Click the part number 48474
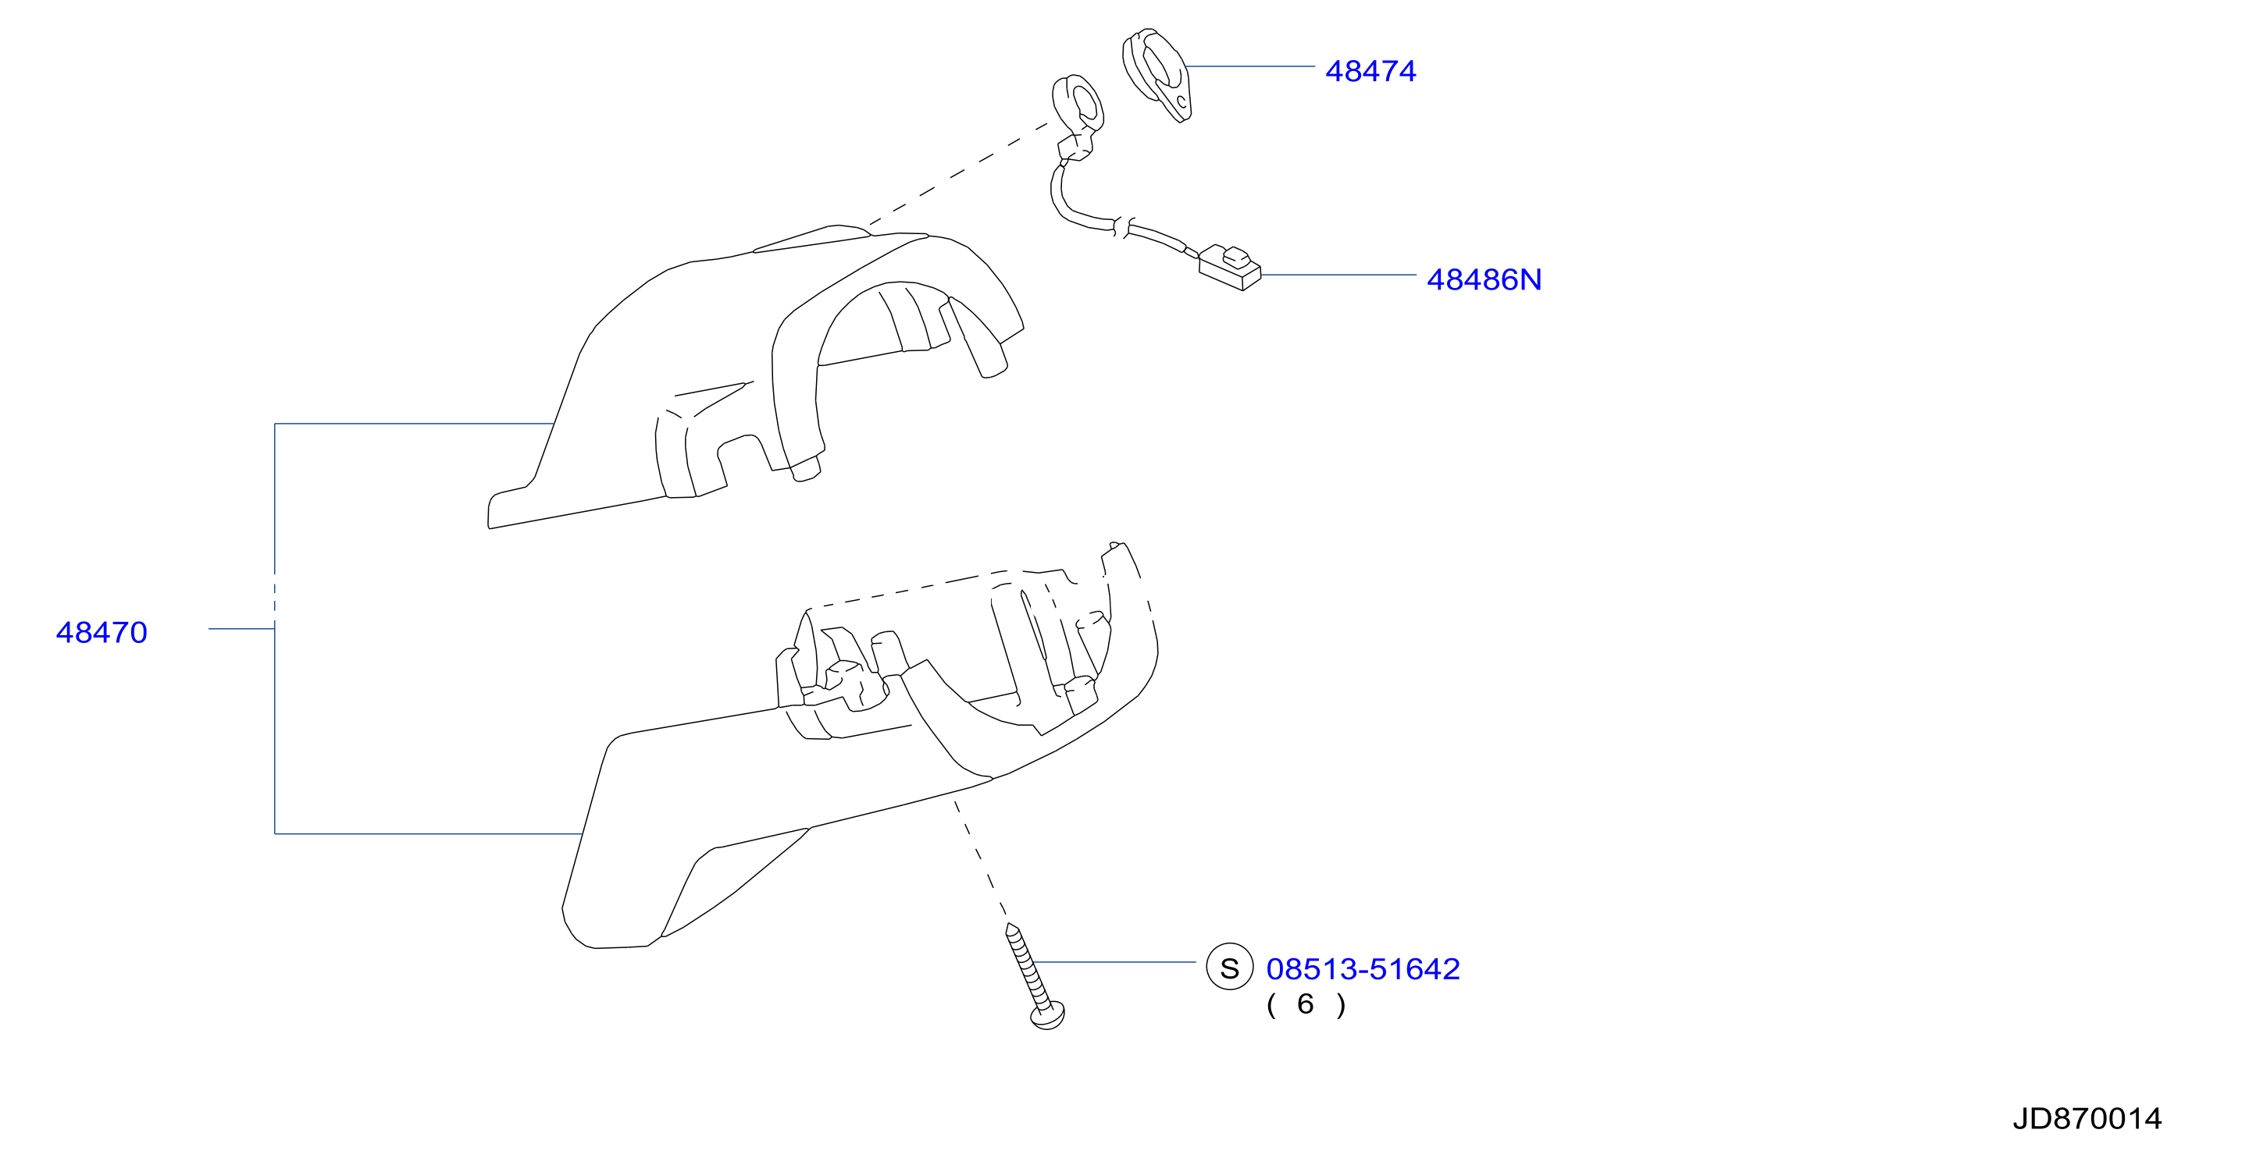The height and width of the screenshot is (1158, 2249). (1370, 71)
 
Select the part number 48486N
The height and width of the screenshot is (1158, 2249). (1484, 279)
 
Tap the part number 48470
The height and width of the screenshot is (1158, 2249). (102, 632)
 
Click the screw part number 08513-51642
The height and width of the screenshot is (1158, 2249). (1362, 968)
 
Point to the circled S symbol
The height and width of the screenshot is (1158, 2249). (1229, 968)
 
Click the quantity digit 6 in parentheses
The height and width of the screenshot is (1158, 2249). (1305, 1003)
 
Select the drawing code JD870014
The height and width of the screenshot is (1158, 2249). (2087, 1118)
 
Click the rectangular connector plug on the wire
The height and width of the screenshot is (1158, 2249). (1229, 268)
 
